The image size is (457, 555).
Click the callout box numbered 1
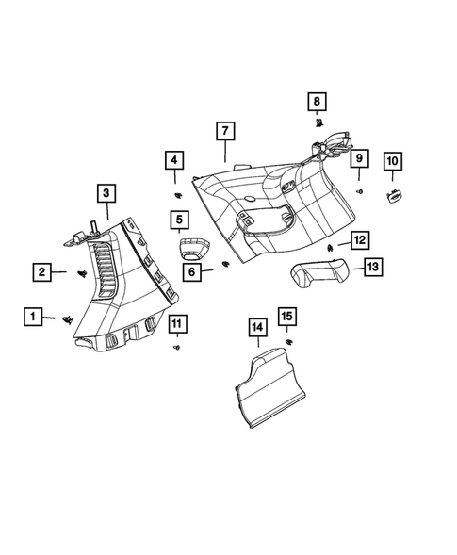33,317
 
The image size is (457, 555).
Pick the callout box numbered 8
318,101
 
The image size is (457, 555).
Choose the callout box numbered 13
373,268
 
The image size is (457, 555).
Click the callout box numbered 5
177,221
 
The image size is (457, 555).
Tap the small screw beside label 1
68,320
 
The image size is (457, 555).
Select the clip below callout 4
177,194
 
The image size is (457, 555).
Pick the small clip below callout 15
289,340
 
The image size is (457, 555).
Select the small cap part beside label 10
393,195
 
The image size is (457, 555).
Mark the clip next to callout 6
223,264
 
